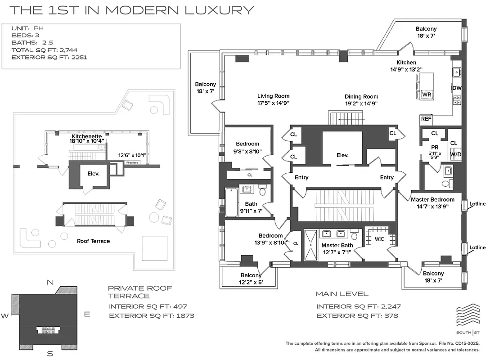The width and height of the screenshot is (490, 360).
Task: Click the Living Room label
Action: [273, 96]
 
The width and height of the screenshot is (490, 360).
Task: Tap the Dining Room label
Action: [361, 97]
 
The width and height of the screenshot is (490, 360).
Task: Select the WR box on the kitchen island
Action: [426, 95]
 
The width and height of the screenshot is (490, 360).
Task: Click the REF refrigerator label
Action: [426, 119]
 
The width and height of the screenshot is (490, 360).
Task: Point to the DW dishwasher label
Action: [457, 88]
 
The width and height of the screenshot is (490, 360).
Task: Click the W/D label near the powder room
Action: [455, 154]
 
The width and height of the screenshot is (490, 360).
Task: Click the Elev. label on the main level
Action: [342, 155]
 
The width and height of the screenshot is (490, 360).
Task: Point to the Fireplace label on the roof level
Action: [132, 162]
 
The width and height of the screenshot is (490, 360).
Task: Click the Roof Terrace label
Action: [93, 241]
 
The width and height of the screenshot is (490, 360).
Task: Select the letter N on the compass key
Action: [50, 282]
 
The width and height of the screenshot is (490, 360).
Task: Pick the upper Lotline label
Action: [477, 204]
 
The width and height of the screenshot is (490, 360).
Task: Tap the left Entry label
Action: [301, 177]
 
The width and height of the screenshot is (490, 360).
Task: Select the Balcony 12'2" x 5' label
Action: [251, 279]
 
